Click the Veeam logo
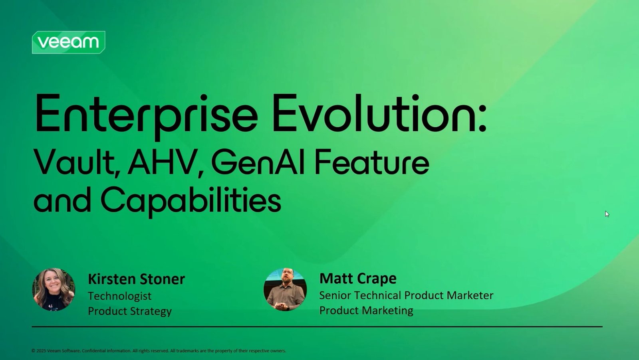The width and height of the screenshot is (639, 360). pos(68,42)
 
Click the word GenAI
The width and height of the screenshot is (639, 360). pos(258,162)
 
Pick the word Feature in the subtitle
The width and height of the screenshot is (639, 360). pos(372,162)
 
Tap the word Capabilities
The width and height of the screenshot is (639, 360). pos(191,201)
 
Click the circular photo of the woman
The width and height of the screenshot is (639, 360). pos(54,289)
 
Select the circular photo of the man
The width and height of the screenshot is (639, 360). pos(285,289)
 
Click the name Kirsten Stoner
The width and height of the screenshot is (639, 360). pos(136,279)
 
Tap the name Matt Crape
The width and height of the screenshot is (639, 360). pos(358,279)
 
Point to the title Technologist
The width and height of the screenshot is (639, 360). pos(119,296)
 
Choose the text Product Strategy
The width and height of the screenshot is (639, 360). pos(130,311)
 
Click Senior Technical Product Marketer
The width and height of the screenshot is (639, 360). pos(406,295)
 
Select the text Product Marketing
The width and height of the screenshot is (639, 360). pos(366,311)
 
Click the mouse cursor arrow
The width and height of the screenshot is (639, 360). pos(607,214)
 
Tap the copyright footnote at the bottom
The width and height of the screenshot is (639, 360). pos(159,350)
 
